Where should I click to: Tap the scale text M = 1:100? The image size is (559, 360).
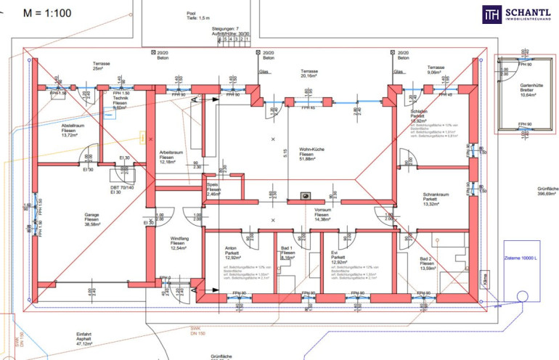point(47,13)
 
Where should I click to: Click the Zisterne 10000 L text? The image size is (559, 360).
point(520,258)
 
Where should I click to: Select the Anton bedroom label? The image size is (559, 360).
point(232,253)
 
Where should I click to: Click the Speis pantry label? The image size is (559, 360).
point(213,190)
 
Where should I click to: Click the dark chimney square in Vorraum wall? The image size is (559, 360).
point(305,196)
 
